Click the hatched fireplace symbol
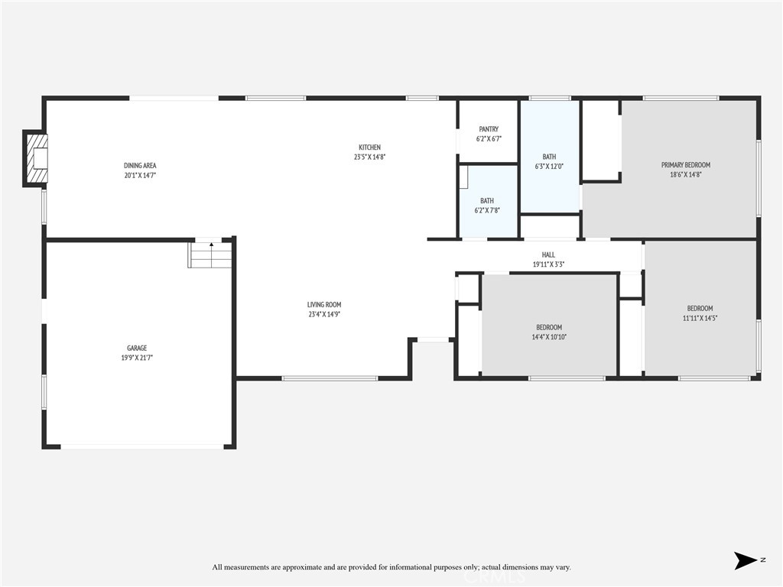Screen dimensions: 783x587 [x=36, y=158]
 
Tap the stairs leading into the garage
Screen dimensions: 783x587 [x=210, y=255]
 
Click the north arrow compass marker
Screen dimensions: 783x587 [x=746, y=560]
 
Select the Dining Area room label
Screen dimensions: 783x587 [x=140, y=166]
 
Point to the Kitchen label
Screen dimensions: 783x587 [x=369, y=148]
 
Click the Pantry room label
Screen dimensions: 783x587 [x=489, y=128]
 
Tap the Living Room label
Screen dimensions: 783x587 [x=324, y=304]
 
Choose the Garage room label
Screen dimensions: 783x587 [x=137, y=348]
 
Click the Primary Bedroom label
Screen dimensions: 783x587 [x=686, y=165]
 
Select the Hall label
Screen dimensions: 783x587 [x=548, y=255]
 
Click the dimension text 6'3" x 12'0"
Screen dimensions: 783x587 [x=549, y=167]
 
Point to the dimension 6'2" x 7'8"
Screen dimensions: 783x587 [x=487, y=211]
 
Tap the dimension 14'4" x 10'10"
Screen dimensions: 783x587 [x=549, y=337]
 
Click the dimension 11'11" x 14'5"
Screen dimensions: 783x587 [x=700, y=318]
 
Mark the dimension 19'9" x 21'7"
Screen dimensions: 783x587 [x=137, y=358]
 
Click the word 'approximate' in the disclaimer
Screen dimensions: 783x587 [x=301, y=567]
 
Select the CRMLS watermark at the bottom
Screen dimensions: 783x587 [x=495, y=578]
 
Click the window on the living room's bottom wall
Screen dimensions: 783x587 [x=330, y=378]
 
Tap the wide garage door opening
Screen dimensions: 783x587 [x=142, y=446]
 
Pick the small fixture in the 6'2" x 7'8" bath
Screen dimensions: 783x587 [x=464, y=177]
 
